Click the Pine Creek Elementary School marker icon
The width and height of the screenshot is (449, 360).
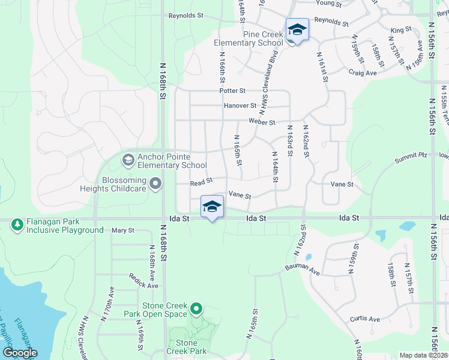[x=297, y=29]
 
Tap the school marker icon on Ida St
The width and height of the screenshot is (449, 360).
[x=211, y=206]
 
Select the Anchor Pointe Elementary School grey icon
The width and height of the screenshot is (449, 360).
[x=128, y=160]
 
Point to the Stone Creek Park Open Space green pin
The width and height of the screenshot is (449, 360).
[x=196, y=310]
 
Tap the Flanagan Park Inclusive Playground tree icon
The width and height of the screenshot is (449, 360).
[x=17, y=225]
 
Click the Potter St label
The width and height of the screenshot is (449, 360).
[x=233, y=91]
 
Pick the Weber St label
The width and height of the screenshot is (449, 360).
[x=262, y=122]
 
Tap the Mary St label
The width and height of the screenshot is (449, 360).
[x=122, y=230]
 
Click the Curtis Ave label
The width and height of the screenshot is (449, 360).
[x=366, y=319]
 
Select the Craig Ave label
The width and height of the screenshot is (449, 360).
[x=363, y=73]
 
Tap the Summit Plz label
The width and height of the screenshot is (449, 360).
[x=411, y=158]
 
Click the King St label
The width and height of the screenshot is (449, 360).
[x=401, y=29]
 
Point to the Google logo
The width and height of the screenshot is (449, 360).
[x=20, y=353]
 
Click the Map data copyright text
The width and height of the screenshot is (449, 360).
[x=423, y=355]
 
